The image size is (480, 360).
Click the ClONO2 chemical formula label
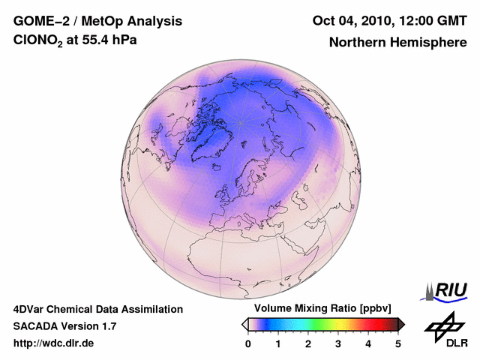[x=37, y=40]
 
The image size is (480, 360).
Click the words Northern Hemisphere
[x=397, y=42]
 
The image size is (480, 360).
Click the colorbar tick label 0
[x=248, y=343]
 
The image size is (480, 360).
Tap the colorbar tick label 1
[x=278, y=343]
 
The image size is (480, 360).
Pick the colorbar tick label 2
[x=308, y=343]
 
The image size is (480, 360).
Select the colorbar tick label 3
[x=338, y=343]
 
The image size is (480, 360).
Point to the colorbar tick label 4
[x=368, y=343]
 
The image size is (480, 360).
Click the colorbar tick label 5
[x=398, y=343]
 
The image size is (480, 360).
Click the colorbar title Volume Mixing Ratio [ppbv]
[x=319, y=308]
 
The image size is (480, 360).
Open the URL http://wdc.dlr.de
[x=54, y=343]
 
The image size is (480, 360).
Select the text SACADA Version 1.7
[x=64, y=326]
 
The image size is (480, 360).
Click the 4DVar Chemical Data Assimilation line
[x=97, y=309]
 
